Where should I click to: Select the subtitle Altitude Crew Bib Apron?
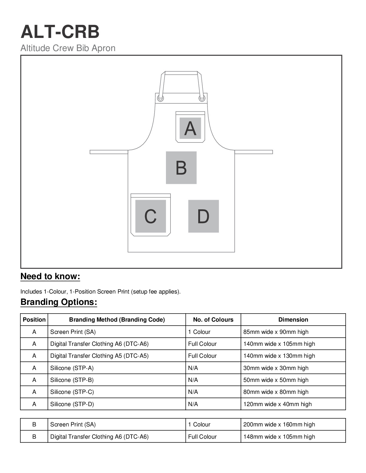pyautogui.click(x=68, y=48)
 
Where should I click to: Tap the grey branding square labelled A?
pyautogui.click(x=190, y=128)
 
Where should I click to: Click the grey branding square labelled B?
pyautogui.click(x=181, y=168)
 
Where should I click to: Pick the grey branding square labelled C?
pyautogui.click(x=150, y=216)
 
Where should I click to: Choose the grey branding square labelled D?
pyautogui.click(x=203, y=216)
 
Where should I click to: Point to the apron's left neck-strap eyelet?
pyautogui.click(x=161, y=98)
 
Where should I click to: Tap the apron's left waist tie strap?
pyautogui.click(x=109, y=152)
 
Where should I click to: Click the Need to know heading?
pyautogui.click(x=50, y=277)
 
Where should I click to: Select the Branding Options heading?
pyautogui.click(x=59, y=302)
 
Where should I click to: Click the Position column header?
pyautogui.click(x=34, y=320)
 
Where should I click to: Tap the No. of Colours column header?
pyautogui.click(x=213, y=320)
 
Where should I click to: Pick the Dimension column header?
pyautogui.click(x=293, y=320)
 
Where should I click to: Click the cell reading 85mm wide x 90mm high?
pyautogui.click(x=276, y=332)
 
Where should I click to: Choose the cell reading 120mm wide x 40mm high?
pyautogui.click(x=277, y=404)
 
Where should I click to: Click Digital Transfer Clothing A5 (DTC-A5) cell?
pyautogui.click(x=99, y=356)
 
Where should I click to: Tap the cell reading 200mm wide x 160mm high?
pyautogui.click(x=279, y=425)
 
